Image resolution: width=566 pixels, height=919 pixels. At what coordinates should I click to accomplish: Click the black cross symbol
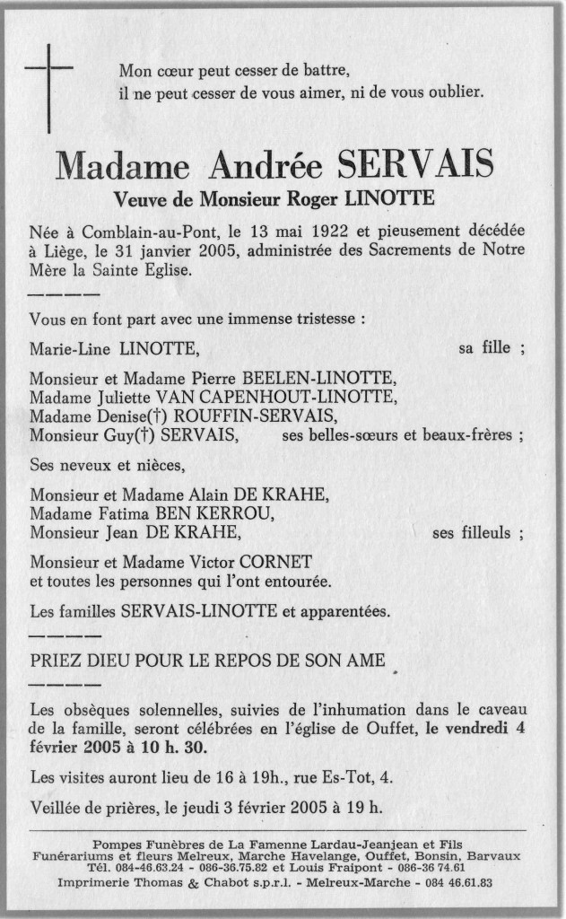click(49, 75)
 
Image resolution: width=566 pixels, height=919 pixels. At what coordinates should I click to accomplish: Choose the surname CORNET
click(278, 562)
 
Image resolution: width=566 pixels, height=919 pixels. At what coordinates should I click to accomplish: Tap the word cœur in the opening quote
click(172, 71)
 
